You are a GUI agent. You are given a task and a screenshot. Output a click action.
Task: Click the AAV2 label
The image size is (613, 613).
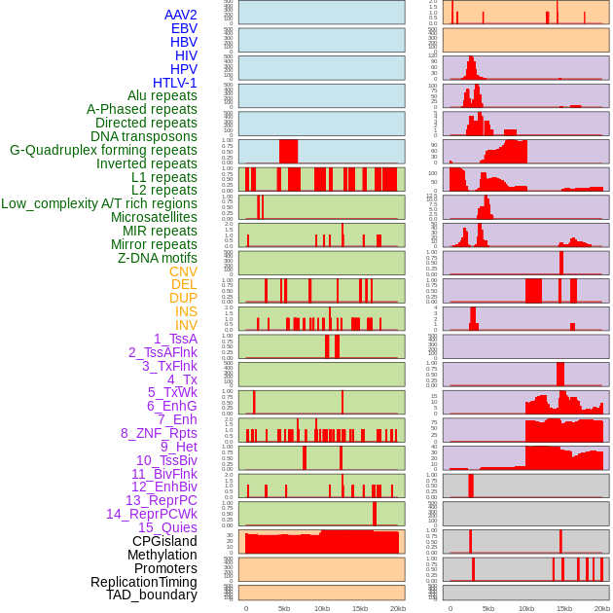[x=181, y=15]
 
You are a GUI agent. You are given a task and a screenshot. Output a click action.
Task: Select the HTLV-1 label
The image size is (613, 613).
[x=175, y=83]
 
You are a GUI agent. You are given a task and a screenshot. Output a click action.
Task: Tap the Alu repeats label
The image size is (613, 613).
[x=162, y=95]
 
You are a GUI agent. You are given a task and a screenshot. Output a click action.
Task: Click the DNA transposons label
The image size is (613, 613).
[x=144, y=136]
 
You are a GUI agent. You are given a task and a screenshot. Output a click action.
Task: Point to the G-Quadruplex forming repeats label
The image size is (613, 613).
[x=103, y=150]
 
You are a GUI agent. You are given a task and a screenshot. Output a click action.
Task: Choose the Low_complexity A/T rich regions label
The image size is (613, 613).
[x=99, y=203]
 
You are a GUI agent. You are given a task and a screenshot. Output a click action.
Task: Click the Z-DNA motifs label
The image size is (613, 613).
[x=158, y=258]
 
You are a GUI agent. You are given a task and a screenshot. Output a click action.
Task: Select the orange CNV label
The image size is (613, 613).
[x=183, y=271]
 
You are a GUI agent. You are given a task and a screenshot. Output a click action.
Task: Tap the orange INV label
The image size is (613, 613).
[x=186, y=325]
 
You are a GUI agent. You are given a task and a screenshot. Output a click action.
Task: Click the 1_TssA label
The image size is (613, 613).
[x=175, y=339]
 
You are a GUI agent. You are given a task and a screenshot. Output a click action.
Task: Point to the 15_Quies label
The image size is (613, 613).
[x=167, y=527]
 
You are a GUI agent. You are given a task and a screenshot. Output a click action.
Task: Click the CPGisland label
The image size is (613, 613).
[x=164, y=541]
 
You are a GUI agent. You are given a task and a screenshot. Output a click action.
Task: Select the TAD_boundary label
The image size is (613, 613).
[x=152, y=595]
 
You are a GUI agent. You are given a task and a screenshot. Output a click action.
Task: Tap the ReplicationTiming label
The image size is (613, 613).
[x=144, y=582]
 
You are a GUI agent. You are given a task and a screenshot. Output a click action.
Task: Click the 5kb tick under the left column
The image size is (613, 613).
[x=284, y=608]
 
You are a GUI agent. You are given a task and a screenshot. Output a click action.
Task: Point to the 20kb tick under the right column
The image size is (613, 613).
[x=602, y=608]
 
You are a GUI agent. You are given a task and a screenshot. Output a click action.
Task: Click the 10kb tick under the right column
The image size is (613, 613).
[x=526, y=608]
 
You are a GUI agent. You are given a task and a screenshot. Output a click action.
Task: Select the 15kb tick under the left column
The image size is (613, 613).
[x=360, y=608]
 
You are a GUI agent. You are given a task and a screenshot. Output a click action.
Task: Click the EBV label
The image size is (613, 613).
[x=184, y=28]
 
